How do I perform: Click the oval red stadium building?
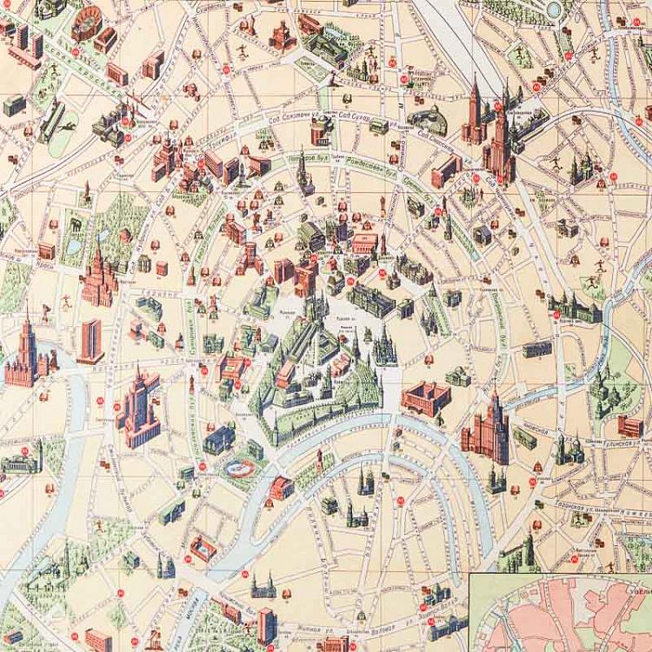[87, 23]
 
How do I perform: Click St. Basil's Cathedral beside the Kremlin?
[383, 348]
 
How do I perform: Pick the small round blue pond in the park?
[554, 9]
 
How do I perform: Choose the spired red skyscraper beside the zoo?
[97, 278]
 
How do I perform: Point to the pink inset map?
[561, 613]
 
